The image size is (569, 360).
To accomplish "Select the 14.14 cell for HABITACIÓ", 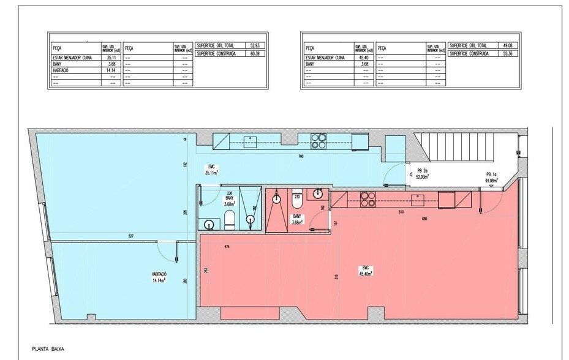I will click(x=110, y=69).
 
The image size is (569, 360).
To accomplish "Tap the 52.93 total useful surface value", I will click(x=255, y=45).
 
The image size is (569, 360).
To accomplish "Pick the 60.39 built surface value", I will click(x=255, y=54).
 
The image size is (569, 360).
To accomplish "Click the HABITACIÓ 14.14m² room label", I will click(x=159, y=277).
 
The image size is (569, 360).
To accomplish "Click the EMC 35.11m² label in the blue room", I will click(x=213, y=170).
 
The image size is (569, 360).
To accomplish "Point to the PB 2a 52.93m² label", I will click(x=423, y=174).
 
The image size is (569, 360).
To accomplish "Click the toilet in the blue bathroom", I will click(x=229, y=218).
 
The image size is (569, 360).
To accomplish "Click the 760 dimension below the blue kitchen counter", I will click(x=301, y=157).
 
